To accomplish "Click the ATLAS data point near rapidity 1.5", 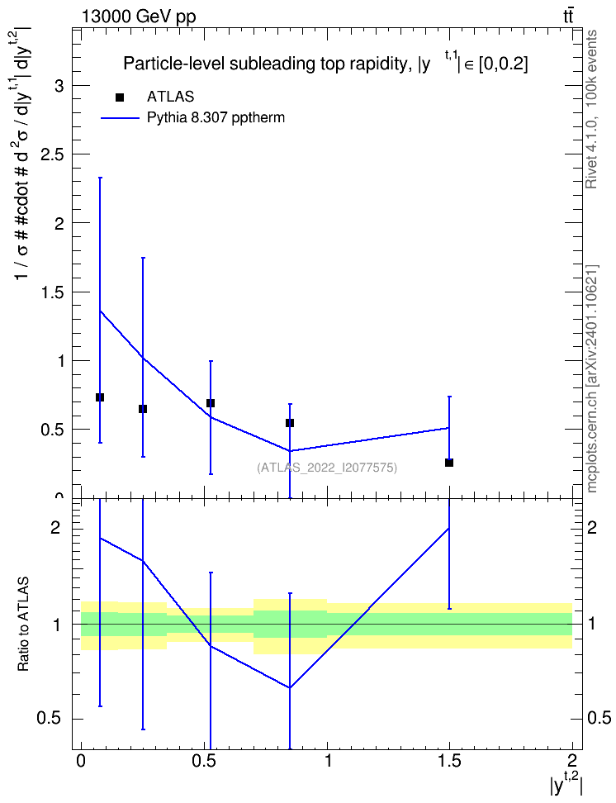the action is (449, 463).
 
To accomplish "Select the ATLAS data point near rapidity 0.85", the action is (290, 422).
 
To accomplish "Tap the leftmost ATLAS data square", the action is (100, 397).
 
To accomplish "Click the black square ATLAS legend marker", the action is (120, 97).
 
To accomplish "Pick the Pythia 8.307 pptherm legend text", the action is (216, 117).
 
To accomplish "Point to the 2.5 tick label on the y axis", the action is (52, 154).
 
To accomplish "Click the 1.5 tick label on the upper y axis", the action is (52, 292).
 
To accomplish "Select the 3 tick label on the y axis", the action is (59, 86).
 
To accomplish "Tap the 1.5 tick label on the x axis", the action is (449, 761).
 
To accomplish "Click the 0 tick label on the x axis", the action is (80, 761).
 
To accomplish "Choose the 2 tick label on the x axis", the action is (572, 761).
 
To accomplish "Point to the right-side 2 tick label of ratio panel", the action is (592, 527).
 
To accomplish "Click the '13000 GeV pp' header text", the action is (138, 17).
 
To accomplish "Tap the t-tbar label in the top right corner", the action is (568, 17).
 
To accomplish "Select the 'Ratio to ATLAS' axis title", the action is (23, 624).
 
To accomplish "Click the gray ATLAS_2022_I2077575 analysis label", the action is (327, 467).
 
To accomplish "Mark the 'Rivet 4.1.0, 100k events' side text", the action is (591, 109).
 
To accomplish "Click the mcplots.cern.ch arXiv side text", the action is (592, 378).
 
